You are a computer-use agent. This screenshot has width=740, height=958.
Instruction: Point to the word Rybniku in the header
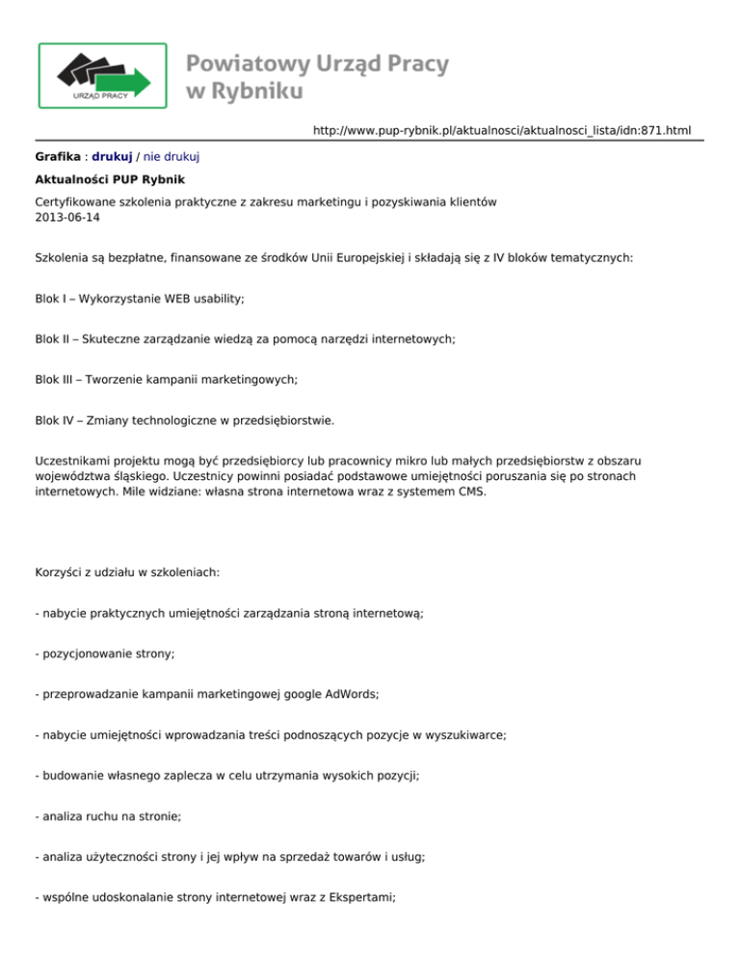(x=254, y=93)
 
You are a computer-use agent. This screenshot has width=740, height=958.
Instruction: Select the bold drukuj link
(x=112, y=155)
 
